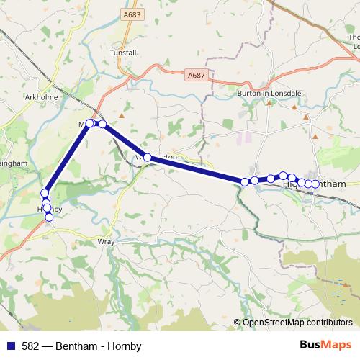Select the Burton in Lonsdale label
[x=266, y=93]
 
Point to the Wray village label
[x=105, y=243]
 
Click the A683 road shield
[x=131, y=14]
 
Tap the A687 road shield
[x=194, y=74]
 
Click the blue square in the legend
[x=10, y=346]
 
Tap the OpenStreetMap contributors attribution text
[x=297, y=323]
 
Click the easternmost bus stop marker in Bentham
[x=315, y=184]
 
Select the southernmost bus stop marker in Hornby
[x=49, y=217]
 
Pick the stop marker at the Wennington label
[x=148, y=157]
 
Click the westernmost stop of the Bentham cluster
[x=245, y=181]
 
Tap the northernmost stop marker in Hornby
[x=45, y=193]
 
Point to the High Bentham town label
[x=314, y=184]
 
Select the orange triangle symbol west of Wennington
[x=122, y=114]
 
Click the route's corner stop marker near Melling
[x=90, y=123]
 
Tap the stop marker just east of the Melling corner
[x=102, y=124]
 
